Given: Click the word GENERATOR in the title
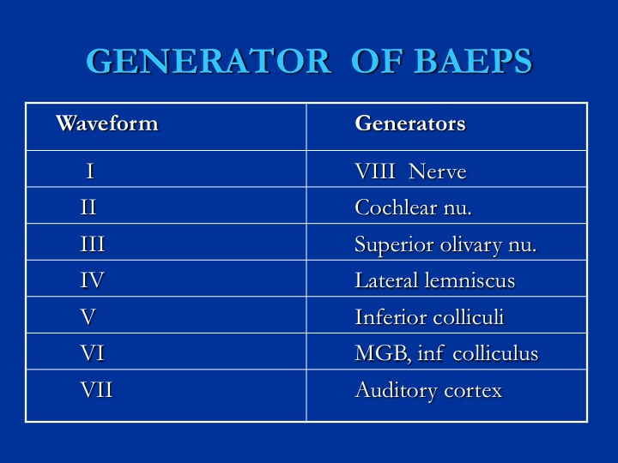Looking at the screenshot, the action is pyautogui.click(x=209, y=61).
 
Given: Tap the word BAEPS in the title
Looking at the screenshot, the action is pyautogui.click(x=473, y=61).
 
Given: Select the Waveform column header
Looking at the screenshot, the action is pyautogui.click(x=106, y=123).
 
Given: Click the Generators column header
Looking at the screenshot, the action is pyautogui.click(x=410, y=123).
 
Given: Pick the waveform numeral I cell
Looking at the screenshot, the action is pyautogui.click(x=90, y=171).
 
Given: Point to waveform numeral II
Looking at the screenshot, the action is pyautogui.click(x=88, y=207).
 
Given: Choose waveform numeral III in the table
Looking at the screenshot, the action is pyautogui.click(x=92, y=244).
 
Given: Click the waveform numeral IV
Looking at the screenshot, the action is pyautogui.click(x=92, y=280).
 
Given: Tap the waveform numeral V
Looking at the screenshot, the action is pyautogui.click(x=88, y=316).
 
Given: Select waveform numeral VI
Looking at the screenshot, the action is pyautogui.click(x=92, y=352).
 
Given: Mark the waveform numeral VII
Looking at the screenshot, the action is pyautogui.click(x=96, y=390).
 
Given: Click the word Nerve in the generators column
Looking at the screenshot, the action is pyautogui.click(x=438, y=171).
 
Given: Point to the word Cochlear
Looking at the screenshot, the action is pyautogui.click(x=396, y=207).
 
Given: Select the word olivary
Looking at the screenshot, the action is pyautogui.click(x=471, y=245).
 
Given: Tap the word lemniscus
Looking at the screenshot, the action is pyautogui.click(x=470, y=280).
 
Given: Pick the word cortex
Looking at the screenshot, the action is pyautogui.click(x=473, y=391).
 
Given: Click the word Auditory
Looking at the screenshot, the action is pyautogui.click(x=396, y=391).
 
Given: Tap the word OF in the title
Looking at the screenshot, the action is pyautogui.click(x=377, y=61).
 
